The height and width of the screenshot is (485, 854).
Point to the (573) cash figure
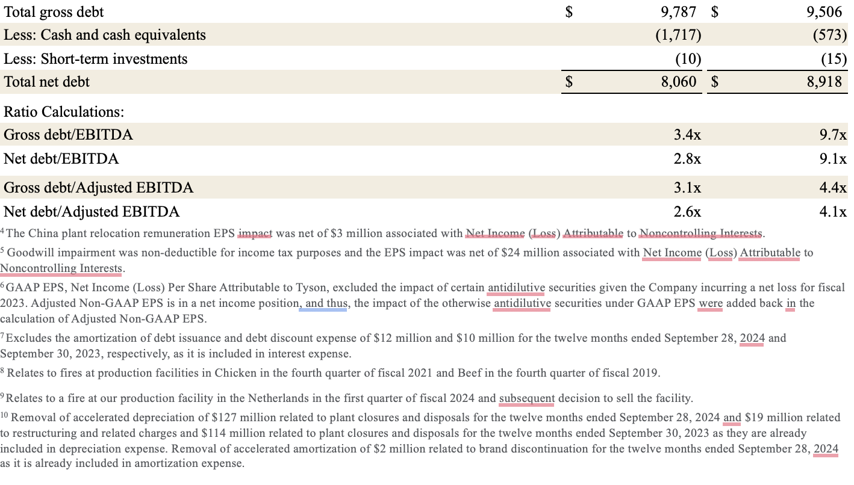[829, 35]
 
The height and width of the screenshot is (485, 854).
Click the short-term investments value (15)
[834, 58]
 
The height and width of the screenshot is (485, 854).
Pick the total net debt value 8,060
[679, 82]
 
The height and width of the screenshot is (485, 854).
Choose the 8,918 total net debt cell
[824, 82]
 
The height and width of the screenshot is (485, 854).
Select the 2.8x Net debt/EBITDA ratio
[687, 159]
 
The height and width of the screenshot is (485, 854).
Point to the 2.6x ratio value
[687, 212]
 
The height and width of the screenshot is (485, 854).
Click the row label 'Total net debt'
[46, 82]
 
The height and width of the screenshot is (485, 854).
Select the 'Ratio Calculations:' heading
[64, 112]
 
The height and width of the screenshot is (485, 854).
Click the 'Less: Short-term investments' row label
[95, 59]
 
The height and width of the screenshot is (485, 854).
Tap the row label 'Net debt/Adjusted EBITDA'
[92, 212]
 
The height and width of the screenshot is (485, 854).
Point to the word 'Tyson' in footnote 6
[313, 288]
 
